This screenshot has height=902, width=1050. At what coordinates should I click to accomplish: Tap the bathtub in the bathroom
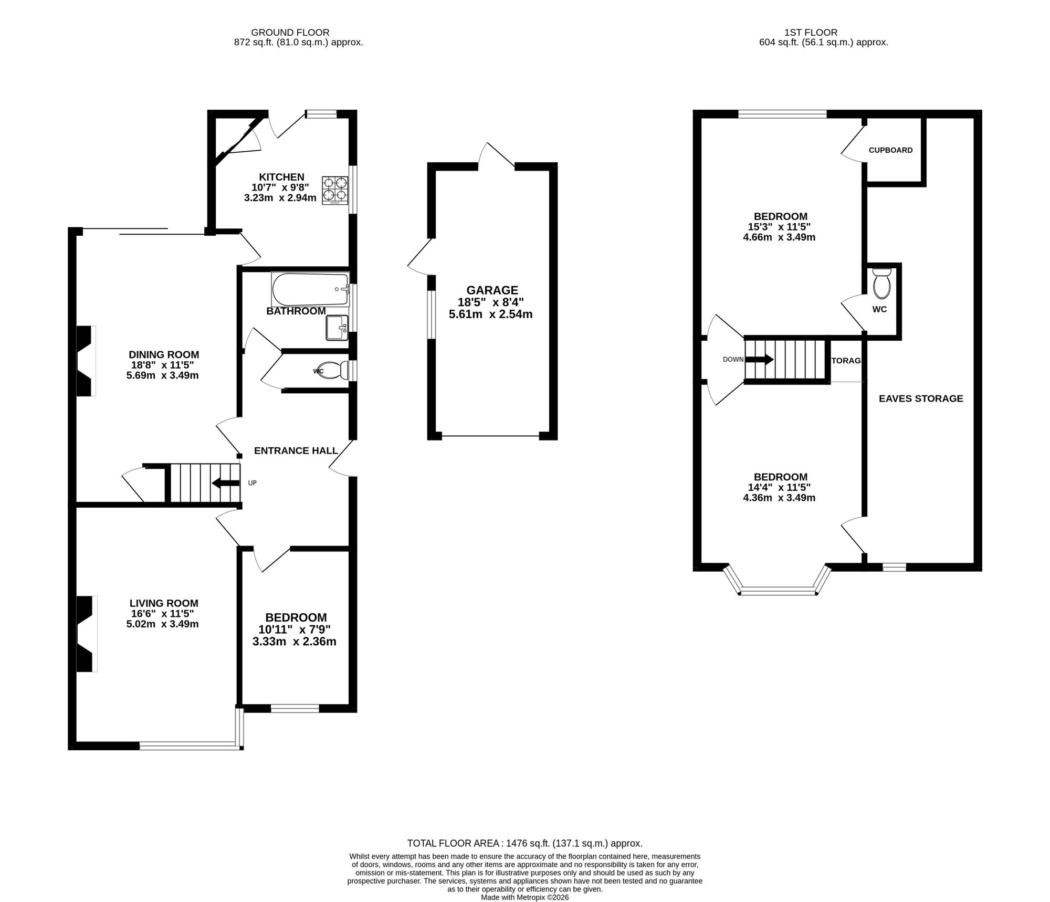coord(310,289)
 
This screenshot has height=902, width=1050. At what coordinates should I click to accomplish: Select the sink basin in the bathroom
coord(337,328)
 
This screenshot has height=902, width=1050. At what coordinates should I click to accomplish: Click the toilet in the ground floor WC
coord(337,371)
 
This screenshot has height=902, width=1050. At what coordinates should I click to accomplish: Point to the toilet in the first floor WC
coord(881,284)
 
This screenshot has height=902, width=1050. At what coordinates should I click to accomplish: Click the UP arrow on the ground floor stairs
coord(225,483)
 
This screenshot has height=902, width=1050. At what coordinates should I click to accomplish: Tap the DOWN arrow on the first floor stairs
coord(759,360)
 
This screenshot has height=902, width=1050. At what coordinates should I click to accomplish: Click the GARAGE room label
coord(492,290)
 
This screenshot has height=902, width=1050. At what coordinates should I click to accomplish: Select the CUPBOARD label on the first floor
coord(891,150)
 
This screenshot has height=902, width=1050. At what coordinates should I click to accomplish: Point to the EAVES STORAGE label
coord(921,398)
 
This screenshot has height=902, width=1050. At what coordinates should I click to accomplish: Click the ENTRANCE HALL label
coord(296,450)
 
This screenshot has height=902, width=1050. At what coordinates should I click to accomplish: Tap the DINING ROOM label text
coord(164,355)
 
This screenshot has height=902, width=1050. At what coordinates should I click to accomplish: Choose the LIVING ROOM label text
coord(164,604)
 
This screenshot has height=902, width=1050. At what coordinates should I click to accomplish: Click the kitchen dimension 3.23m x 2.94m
coord(280,198)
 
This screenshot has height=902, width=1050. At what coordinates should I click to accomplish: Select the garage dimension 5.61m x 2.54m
coord(491,314)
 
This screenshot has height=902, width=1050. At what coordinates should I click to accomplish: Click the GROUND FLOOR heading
coord(290,33)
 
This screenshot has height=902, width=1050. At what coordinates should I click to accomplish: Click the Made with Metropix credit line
coord(525,898)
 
